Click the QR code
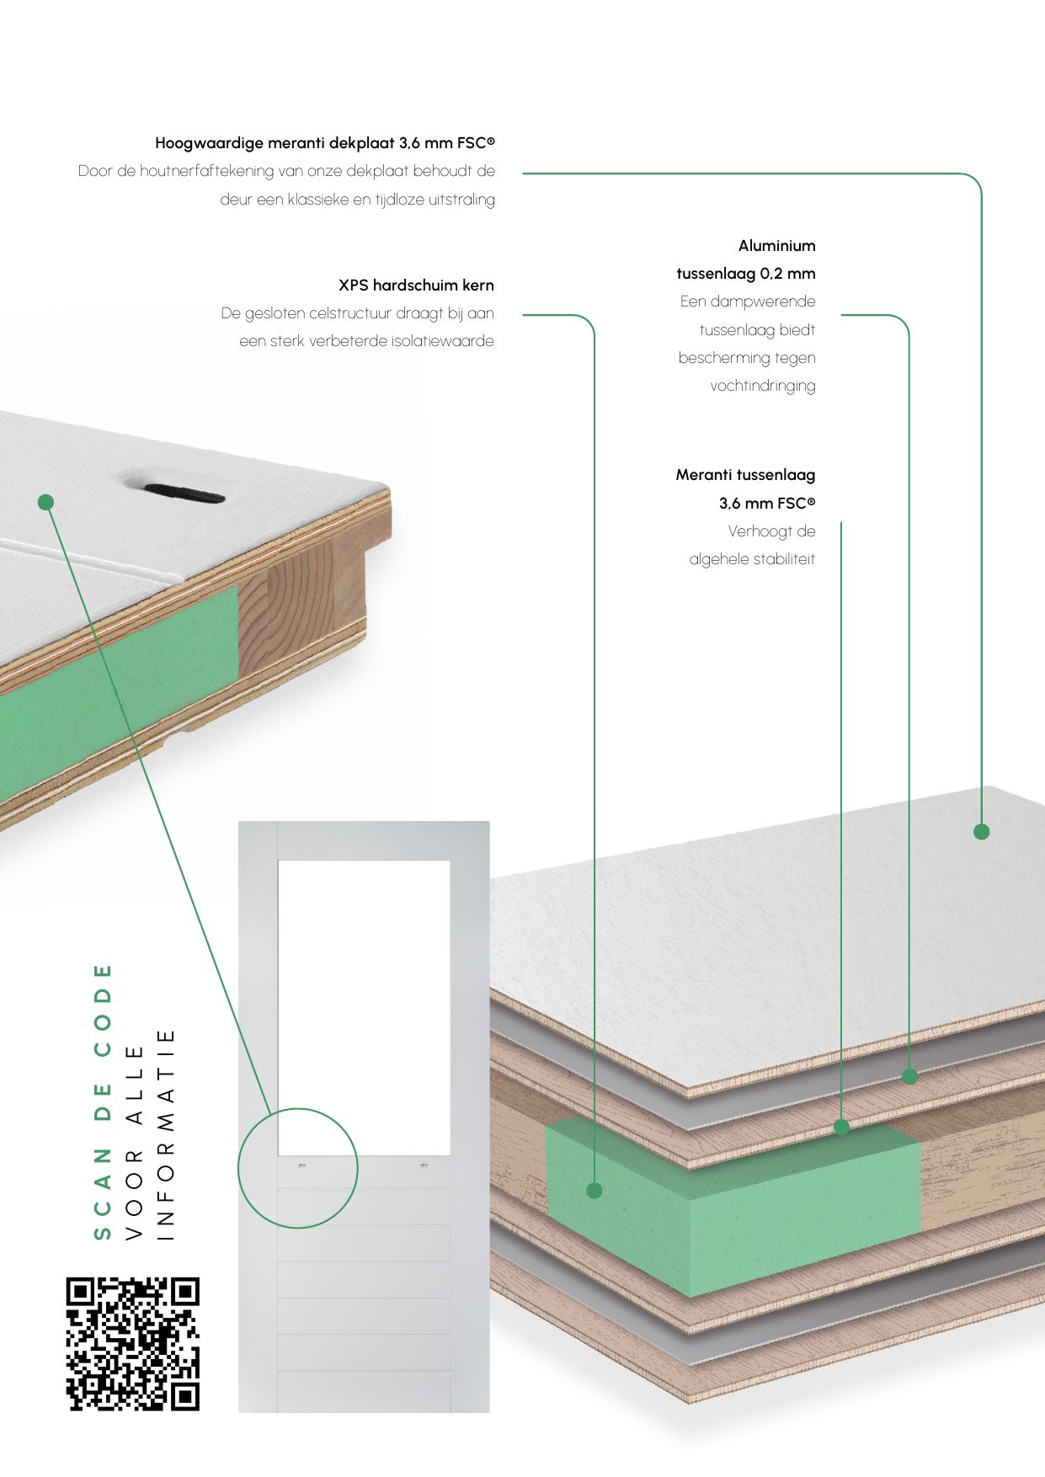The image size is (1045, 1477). [133, 1344]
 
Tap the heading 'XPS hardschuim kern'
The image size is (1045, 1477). [416, 285]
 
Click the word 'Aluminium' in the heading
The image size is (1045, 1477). [776, 246]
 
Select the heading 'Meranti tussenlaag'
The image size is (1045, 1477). [745, 475]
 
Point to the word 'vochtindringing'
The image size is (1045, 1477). [762, 387]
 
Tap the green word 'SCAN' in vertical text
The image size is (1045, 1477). [103, 1194]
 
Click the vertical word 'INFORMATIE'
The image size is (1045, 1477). [166, 1135]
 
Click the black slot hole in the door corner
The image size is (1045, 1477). [184, 493]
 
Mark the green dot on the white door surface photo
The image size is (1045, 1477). [46, 503]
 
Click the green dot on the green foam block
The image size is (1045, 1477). [594, 1190]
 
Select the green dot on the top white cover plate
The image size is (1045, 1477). [981, 832]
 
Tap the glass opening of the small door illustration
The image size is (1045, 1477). [364, 1007]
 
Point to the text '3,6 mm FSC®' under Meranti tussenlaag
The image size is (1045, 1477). [767, 504]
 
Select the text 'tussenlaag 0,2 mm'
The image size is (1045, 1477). [746, 274]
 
